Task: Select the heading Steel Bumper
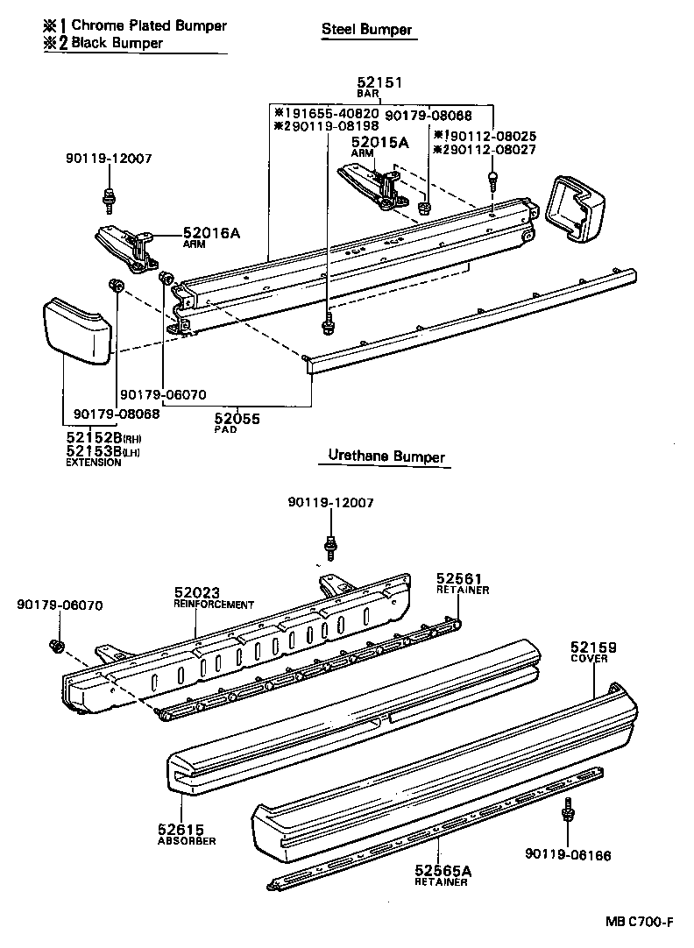366,30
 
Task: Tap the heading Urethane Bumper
386,456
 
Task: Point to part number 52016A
211,233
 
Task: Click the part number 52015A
381,142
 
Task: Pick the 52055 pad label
237,419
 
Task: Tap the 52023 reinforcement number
197,593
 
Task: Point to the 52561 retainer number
460,578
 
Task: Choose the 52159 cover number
594,647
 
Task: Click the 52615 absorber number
181,829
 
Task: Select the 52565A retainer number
443,870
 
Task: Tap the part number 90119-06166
569,855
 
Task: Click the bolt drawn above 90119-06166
568,811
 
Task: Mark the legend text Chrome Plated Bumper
149,25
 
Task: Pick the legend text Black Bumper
117,42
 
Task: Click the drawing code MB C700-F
639,923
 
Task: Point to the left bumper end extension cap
76,328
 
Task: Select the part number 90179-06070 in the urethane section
60,605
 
